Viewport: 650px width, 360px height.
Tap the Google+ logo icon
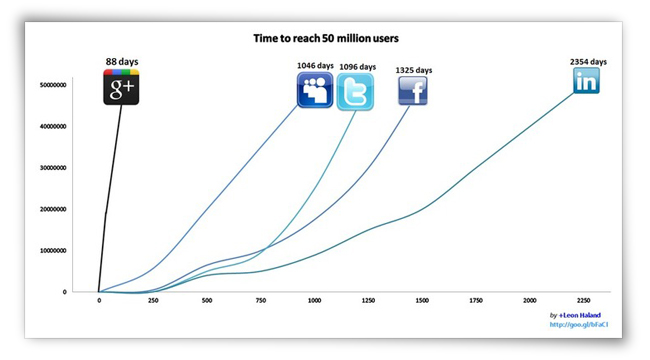click(122, 87)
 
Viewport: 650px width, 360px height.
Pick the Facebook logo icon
click(413, 91)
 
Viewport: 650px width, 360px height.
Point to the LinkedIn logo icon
click(587, 81)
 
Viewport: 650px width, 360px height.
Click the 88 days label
click(122, 62)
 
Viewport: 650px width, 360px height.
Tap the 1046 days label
click(315, 67)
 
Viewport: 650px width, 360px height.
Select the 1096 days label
click(358, 67)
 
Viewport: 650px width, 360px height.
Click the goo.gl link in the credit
click(578, 325)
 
